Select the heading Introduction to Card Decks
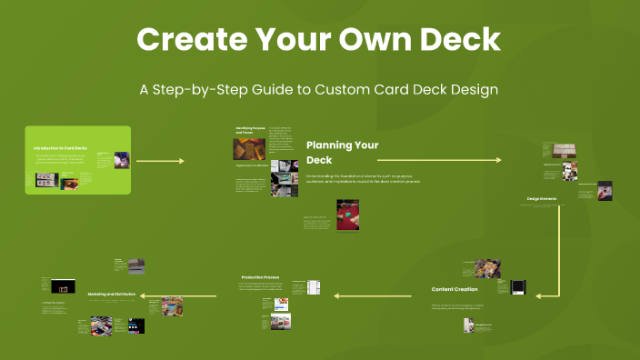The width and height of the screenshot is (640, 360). [x=60, y=147]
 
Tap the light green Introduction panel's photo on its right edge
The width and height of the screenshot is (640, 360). [x=121, y=160]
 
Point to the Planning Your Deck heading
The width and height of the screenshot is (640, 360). [x=342, y=151]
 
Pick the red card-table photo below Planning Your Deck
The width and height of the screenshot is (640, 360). [x=348, y=215]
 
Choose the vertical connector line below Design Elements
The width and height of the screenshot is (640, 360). [x=559, y=250]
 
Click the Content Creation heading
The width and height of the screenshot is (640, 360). [x=455, y=289]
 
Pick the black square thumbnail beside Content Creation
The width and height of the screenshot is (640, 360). [x=517, y=287]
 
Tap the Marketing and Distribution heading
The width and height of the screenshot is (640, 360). [x=112, y=295]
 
